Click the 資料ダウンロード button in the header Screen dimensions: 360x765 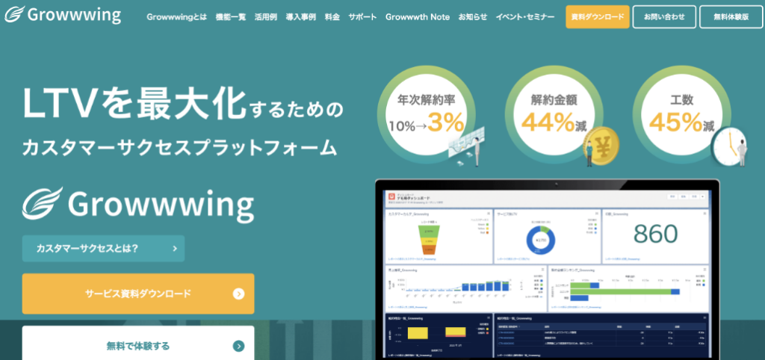pyautogui.click(x=597, y=16)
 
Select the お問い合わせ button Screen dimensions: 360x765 pyautogui.click(x=664, y=16)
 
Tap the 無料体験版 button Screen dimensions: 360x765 pyautogui.click(x=731, y=16)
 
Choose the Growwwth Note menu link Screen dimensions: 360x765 pyautogui.click(x=418, y=16)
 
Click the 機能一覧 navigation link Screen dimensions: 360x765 pyautogui.click(x=230, y=16)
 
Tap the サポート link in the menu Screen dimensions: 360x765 pyautogui.click(x=362, y=16)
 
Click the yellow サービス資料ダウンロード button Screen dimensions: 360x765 pyautogui.click(x=138, y=294)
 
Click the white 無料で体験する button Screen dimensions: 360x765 pyautogui.click(x=138, y=345)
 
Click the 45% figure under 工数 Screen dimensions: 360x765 pyautogui.click(x=675, y=121)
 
